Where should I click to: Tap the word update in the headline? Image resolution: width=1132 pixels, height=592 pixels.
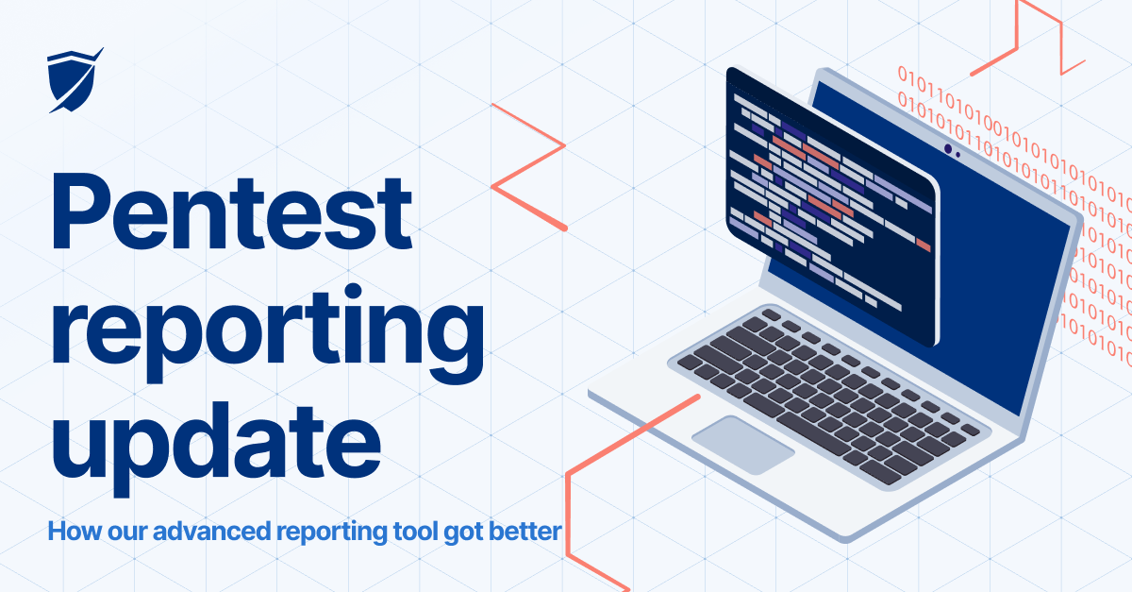click(x=215, y=440)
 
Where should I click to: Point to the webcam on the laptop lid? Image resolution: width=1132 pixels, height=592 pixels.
click(x=948, y=149)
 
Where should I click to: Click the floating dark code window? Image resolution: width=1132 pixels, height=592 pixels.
click(x=830, y=208)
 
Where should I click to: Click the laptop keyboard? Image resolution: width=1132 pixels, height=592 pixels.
click(x=830, y=387)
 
